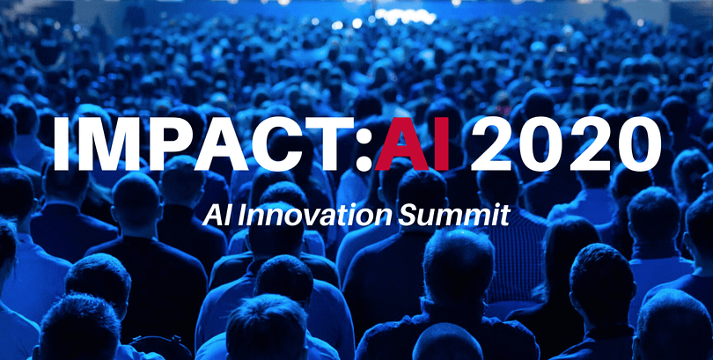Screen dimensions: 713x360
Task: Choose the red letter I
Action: [x=441, y=143]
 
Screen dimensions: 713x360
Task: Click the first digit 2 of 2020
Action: [x=493, y=143]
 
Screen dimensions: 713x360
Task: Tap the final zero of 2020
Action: [x=639, y=143]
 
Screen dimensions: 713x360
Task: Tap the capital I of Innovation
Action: [x=245, y=216]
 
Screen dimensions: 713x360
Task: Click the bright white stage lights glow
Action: [x=405, y=16]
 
